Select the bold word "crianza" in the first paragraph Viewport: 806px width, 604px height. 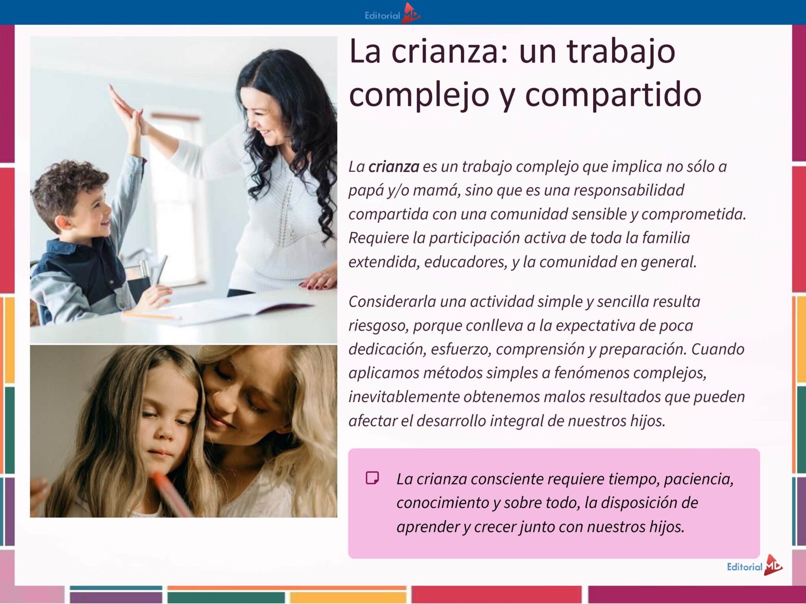coord(394,167)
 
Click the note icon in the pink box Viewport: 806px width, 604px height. coord(372,478)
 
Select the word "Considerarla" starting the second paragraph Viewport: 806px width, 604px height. coord(392,302)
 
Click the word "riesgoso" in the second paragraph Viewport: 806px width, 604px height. coord(379,326)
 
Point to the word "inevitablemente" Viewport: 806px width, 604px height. coord(404,397)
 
